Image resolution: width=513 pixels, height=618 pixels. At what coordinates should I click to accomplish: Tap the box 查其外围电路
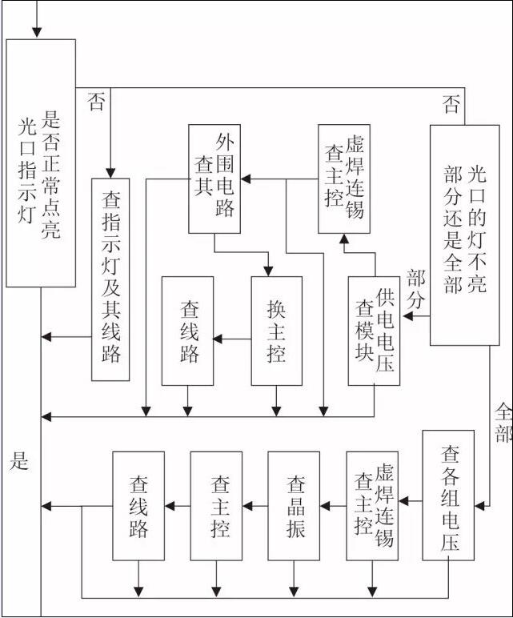214,179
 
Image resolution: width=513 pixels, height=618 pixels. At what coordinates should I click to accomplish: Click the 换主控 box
276,330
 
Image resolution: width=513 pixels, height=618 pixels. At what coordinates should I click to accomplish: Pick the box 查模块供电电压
374,330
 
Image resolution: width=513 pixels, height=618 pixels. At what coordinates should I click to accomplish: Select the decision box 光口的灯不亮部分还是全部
464,234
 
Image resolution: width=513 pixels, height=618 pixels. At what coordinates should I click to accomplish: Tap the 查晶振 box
293,506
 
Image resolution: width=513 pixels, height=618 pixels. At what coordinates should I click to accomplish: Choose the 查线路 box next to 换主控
188,330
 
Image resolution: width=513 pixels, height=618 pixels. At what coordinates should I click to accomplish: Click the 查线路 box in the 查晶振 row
138,506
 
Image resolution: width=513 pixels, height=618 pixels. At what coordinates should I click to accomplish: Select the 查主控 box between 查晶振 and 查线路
216,506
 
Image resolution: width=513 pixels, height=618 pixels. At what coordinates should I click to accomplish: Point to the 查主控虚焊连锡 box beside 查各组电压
372,506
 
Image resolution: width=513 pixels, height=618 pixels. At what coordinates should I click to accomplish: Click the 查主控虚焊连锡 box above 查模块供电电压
343,179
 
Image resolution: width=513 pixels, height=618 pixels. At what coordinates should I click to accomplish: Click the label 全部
503,423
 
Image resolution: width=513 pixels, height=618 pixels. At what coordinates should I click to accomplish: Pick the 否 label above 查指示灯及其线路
96,102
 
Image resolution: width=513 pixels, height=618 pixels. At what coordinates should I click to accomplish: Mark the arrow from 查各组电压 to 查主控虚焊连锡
411,502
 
